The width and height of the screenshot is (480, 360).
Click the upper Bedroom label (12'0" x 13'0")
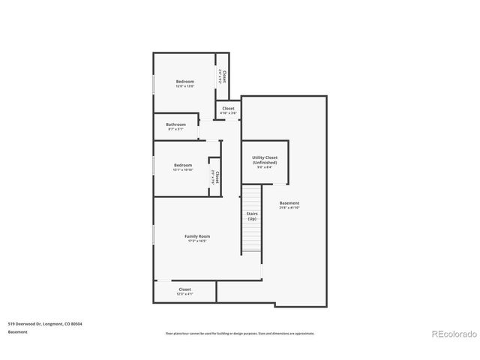click(x=184, y=81)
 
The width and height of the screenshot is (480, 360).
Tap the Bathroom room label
click(x=175, y=124)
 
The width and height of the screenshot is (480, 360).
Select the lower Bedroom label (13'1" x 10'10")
click(x=182, y=165)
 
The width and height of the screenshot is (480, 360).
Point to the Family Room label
click(x=197, y=236)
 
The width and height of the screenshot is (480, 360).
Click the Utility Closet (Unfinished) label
click(x=265, y=160)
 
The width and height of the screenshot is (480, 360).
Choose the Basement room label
click(x=289, y=203)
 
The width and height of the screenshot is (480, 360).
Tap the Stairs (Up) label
click(x=252, y=216)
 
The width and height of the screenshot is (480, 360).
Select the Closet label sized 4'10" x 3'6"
click(x=228, y=109)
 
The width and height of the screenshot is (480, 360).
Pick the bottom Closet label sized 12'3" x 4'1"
click(x=184, y=289)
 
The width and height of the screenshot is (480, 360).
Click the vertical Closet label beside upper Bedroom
click(x=223, y=76)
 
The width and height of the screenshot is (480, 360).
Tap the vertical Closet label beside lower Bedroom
click(x=216, y=177)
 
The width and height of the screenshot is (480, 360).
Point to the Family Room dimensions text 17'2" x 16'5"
click(x=197, y=241)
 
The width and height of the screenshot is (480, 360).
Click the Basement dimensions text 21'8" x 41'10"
click(x=289, y=208)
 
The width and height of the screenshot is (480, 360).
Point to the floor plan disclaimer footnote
click(x=240, y=333)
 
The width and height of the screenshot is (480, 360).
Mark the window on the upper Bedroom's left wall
click(x=154, y=83)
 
